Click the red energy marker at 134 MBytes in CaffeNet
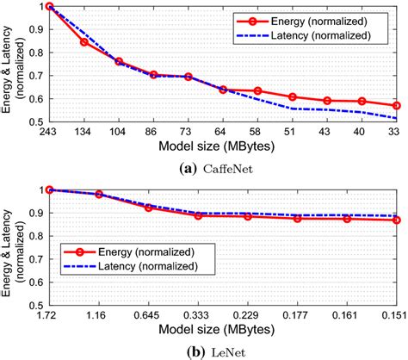click(x=84, y=41)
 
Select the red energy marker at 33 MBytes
click(x=396, y=106)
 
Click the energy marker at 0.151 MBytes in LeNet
click(x=396, y=220)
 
